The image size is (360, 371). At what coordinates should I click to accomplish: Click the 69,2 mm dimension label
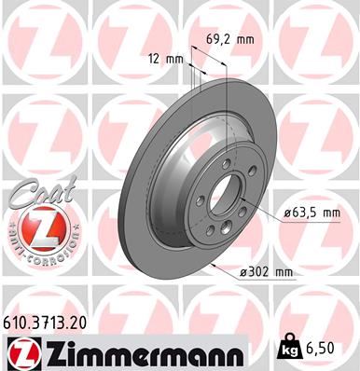(x=230, y=40)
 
